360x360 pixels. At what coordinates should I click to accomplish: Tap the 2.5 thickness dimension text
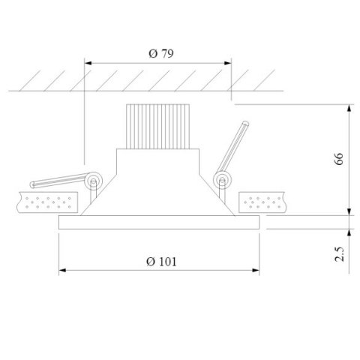click(x=339, y=253)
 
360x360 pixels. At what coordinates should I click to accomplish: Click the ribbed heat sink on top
click(x=157, y=124)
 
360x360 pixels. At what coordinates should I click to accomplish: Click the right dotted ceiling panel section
click(x=262, y=201)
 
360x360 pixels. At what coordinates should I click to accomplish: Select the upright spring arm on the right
click(x=232, y=150)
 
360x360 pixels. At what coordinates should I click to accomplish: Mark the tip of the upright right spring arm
click(x=244, y=124)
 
